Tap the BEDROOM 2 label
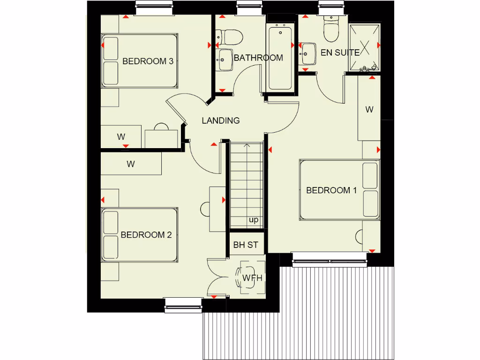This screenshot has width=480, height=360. pos(146,235)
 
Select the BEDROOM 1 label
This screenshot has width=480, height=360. pos(331,190)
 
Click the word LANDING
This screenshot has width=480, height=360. pos(220,120)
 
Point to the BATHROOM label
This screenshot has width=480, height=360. pos(258,58)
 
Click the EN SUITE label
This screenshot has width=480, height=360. pos(340,52)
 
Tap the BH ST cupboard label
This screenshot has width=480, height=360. pos(246,245)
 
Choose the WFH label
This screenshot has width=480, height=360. pos(252,278)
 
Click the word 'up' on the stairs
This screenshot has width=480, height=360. pos(253,220)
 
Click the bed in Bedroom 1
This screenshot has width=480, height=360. pos(339,190)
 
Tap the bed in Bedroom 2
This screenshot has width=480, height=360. pos(140,234)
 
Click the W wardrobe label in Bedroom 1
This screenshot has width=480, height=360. pos(369,110)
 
